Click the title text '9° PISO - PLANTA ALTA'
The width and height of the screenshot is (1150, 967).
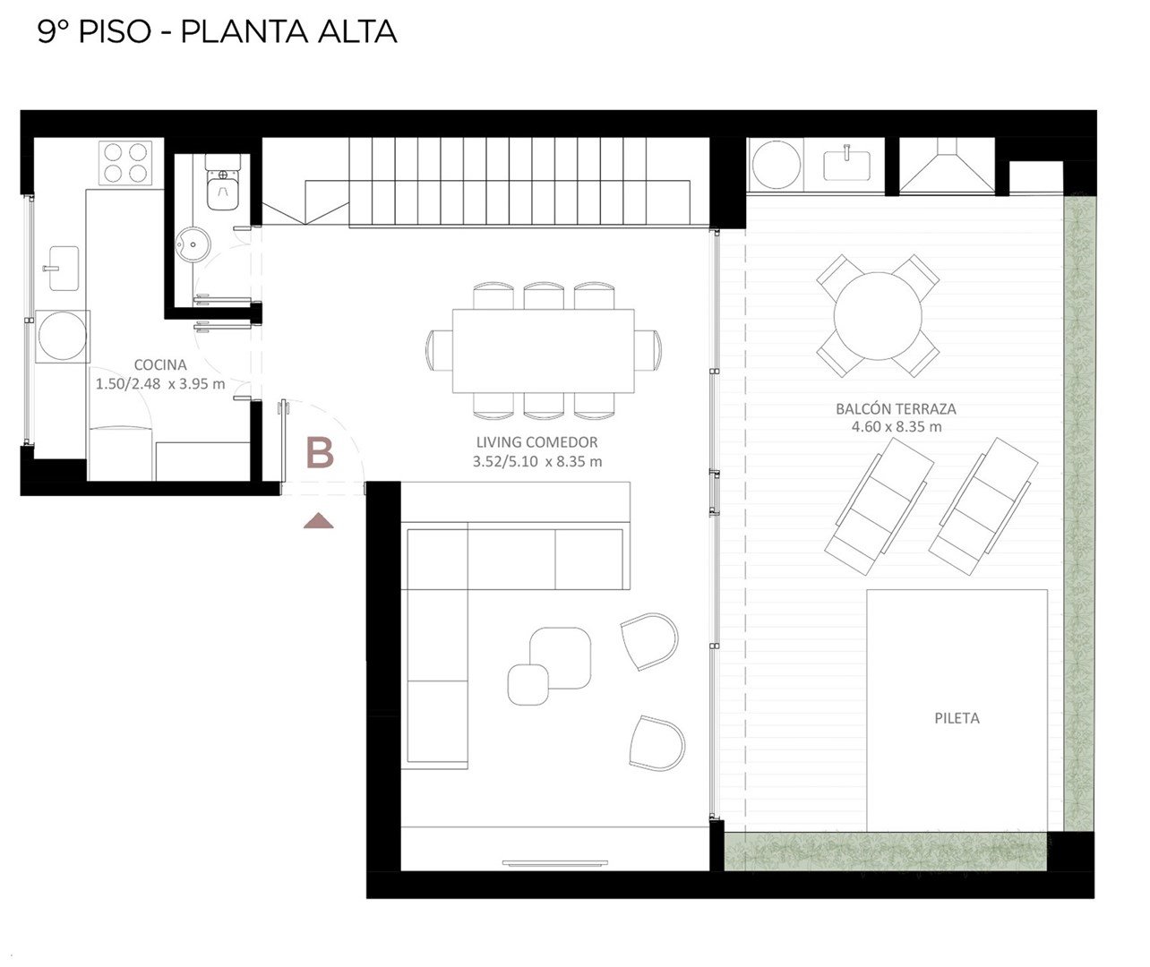click(x=217, y=32)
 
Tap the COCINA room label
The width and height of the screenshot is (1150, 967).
click(x=160, y=364)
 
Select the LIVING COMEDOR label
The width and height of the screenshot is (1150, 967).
click(x=537, y=442)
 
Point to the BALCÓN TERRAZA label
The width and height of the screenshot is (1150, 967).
click(x=897, y=408)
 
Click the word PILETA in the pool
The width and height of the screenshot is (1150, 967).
click(x=957, y=718)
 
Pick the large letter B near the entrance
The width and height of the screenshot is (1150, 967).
click(x=320, y=453)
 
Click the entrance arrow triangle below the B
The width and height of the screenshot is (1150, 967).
click(x=318, y=521)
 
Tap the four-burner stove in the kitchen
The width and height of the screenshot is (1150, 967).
click(x=125, y=163)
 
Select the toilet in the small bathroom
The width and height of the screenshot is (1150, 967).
click(x=222, y=183)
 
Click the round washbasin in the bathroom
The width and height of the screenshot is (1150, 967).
click(x=193, y=244)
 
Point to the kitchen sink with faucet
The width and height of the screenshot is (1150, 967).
click(x=64, y=269)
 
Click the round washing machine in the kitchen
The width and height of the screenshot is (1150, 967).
click(x=63, y=337)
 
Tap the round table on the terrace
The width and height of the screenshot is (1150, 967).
click(x=878, y=316)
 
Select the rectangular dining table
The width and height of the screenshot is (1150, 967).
click(x=543, y=351)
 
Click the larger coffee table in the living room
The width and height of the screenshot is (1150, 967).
click(x=560, y=658)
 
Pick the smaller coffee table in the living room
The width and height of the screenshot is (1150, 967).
click(x=528, y=684)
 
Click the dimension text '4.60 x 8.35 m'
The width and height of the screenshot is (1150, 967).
click(x=897, y=427)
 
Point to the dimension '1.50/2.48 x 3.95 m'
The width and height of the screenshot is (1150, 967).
click(x=160, y=384)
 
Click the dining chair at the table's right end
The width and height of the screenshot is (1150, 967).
click(x=648, y=350)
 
